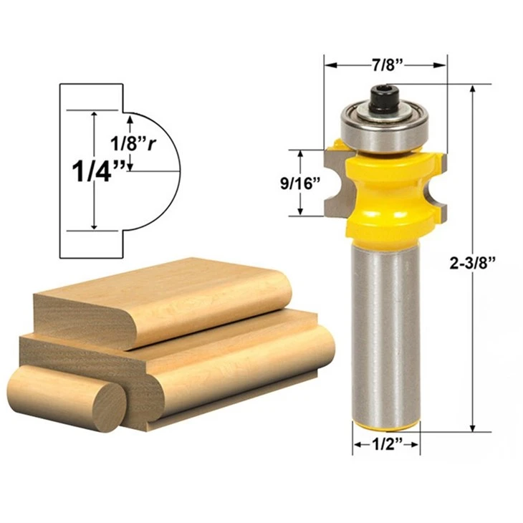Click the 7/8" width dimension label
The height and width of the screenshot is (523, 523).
(388, 65)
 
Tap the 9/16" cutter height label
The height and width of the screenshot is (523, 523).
(300, 183)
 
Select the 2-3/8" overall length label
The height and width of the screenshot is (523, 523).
(471, 264)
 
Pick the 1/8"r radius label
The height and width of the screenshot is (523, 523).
(133, 143)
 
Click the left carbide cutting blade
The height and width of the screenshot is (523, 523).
(337, 183)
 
